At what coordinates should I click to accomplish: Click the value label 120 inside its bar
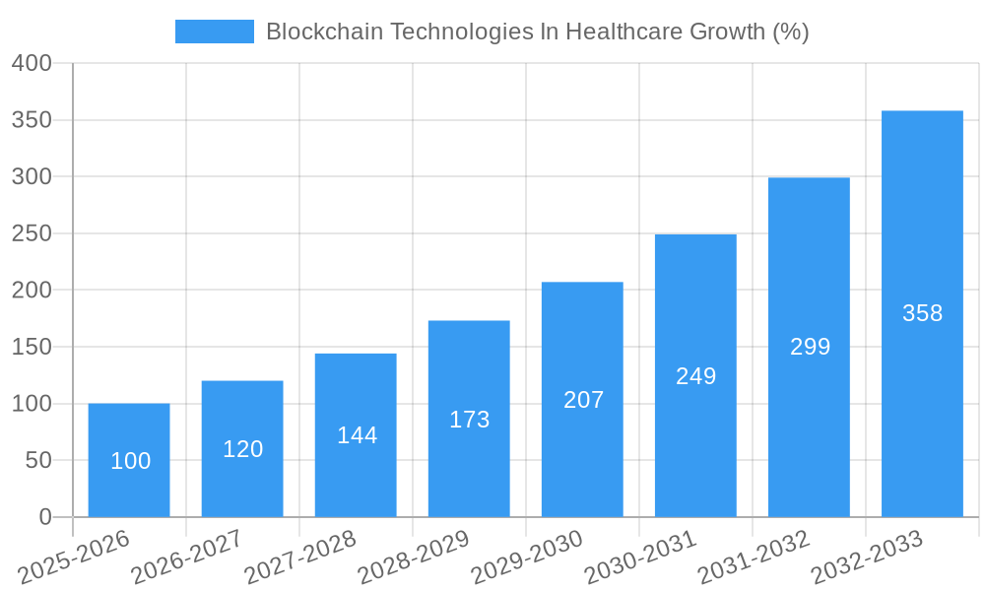[242, 449]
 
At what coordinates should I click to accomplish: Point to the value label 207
[583, 400]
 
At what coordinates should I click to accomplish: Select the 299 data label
[810, 347]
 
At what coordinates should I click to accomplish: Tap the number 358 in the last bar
[922, 313]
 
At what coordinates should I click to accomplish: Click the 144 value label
[357, 435]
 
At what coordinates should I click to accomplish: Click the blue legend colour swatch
[214, 32]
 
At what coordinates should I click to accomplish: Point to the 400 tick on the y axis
[32, 63]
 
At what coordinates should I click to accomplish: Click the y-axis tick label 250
[32, 233]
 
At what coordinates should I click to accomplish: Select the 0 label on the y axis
[44, 517]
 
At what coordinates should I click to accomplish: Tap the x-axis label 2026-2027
[187, 556]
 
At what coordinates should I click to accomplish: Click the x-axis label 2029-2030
[527, 556]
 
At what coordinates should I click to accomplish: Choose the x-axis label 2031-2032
[754, 556]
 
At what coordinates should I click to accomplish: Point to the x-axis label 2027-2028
[300, 556]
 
